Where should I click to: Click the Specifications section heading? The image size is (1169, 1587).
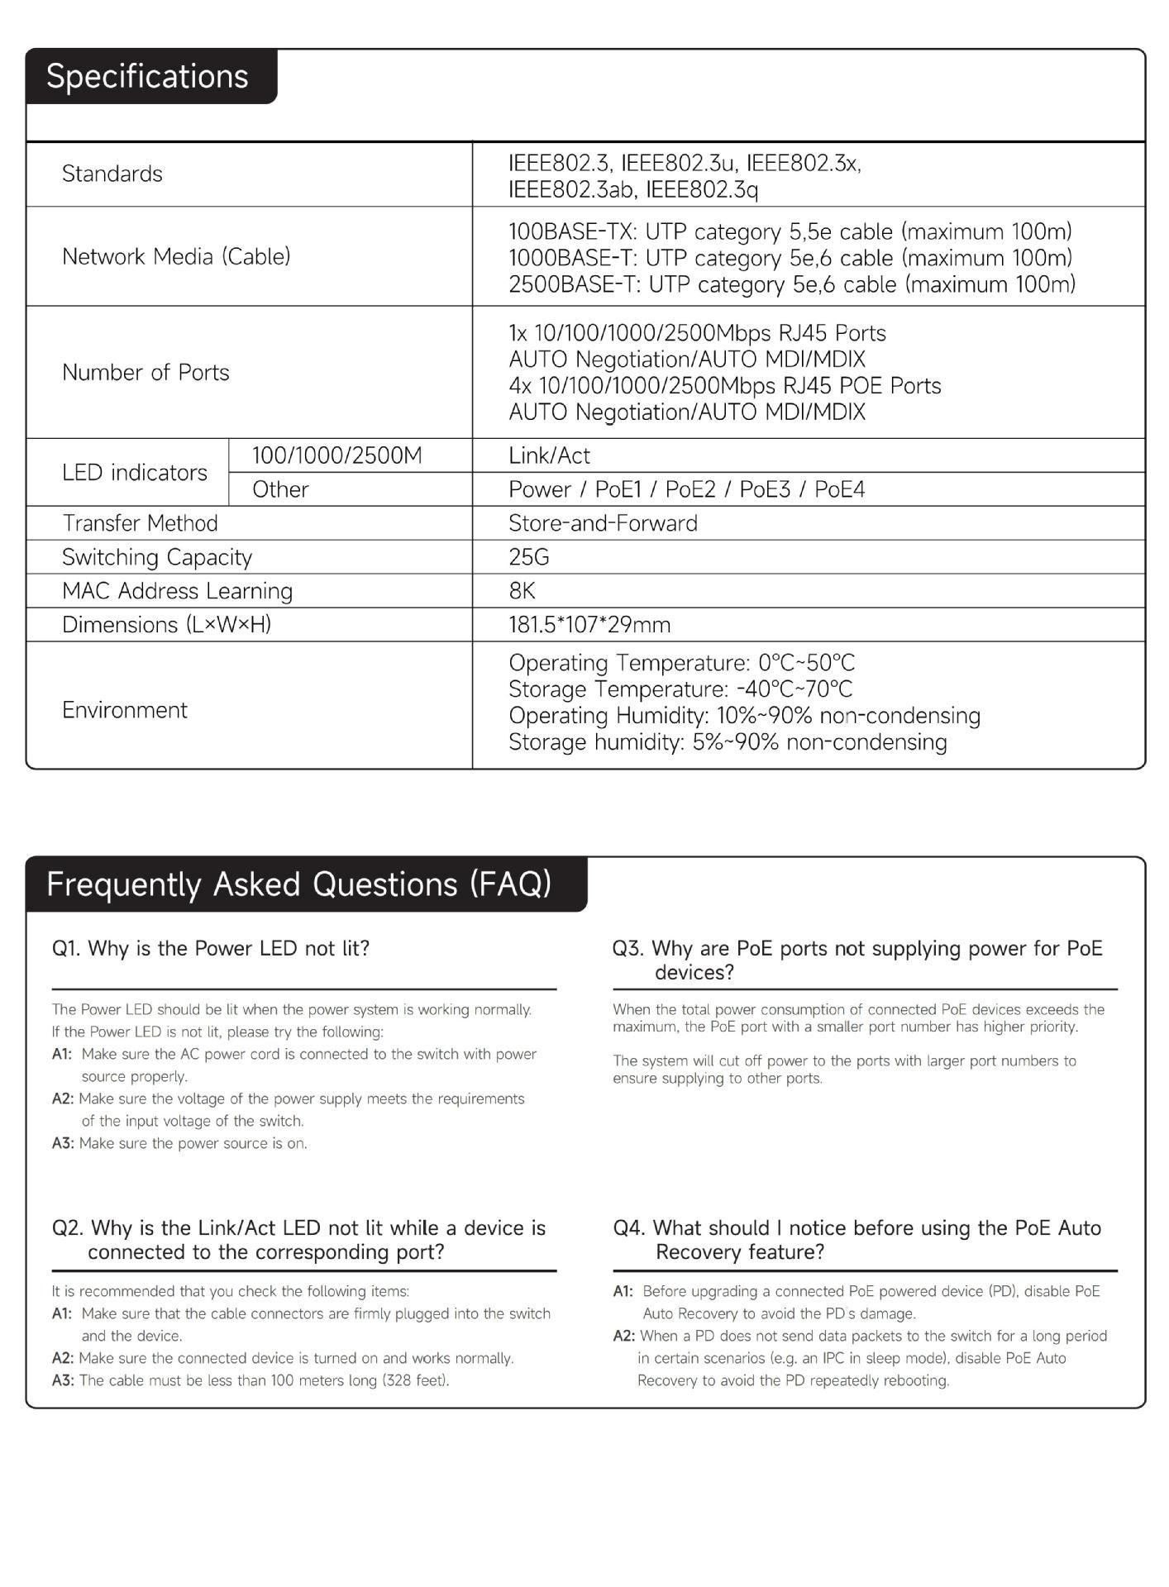(147, 76)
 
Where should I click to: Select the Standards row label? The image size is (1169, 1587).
(112, 174)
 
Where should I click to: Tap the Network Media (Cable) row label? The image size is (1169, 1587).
(176, 256)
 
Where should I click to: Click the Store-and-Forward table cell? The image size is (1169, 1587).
(603, 523)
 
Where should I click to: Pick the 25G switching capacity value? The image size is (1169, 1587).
(529, 557)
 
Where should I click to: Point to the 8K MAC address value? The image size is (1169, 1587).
(522, 591)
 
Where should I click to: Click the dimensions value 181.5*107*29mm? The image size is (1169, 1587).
(589, 625)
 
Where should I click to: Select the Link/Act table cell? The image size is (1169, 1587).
(549, 455)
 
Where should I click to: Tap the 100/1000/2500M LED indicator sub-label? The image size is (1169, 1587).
(336, 455)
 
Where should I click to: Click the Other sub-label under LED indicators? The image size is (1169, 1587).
(280, 489)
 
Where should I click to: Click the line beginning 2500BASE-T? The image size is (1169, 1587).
(791, 284)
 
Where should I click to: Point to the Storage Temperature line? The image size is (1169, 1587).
(680, 689)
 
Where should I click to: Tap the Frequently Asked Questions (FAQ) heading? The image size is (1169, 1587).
(298, 884)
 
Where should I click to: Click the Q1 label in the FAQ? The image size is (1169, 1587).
(66, 948)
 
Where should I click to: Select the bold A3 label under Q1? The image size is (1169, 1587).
(63, 1143)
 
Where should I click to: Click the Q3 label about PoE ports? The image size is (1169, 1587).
(627, 948)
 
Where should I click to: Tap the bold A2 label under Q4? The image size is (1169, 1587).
(624, 1336)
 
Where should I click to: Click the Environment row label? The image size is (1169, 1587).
(125, 710)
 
